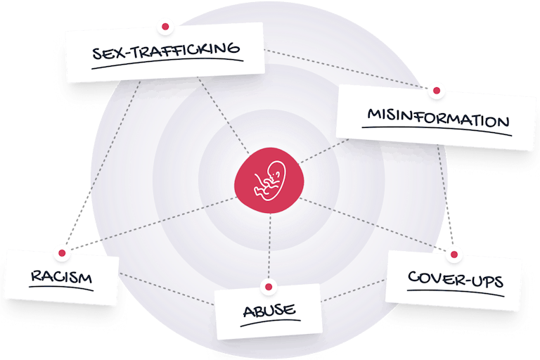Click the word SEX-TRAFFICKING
(167, 52)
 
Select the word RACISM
(61, 277)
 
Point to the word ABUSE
(269, 309)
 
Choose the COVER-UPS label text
(456, 280)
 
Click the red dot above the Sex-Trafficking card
(166, 26)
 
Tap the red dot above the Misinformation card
(436, 90)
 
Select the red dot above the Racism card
(62, 252)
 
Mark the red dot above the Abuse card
(268, 286)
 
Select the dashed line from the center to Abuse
(269, 246)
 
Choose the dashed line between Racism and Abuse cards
(165, 289)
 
